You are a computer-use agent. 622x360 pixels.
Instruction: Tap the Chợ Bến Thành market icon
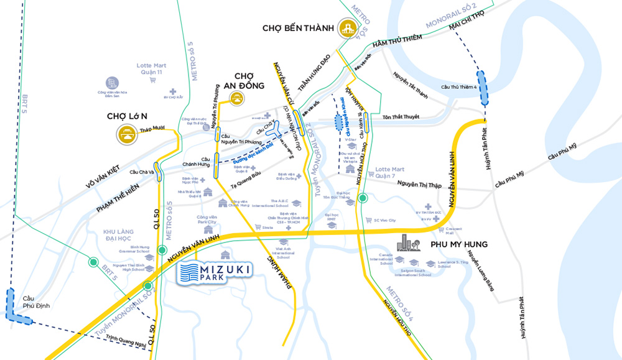click(x=347, y=28)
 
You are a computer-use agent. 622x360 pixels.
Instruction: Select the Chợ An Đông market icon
click(x=236, y=98)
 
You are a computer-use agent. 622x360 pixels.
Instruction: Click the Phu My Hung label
click(x=458, y=244)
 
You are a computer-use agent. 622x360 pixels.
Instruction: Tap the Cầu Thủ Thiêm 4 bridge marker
click(x=483, y=87)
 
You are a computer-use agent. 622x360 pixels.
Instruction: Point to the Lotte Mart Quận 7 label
click(x=391, y=172)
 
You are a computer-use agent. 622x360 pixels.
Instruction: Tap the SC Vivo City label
click(x=384, y=220)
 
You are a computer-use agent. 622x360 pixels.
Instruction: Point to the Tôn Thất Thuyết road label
click(x=401, y=117)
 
